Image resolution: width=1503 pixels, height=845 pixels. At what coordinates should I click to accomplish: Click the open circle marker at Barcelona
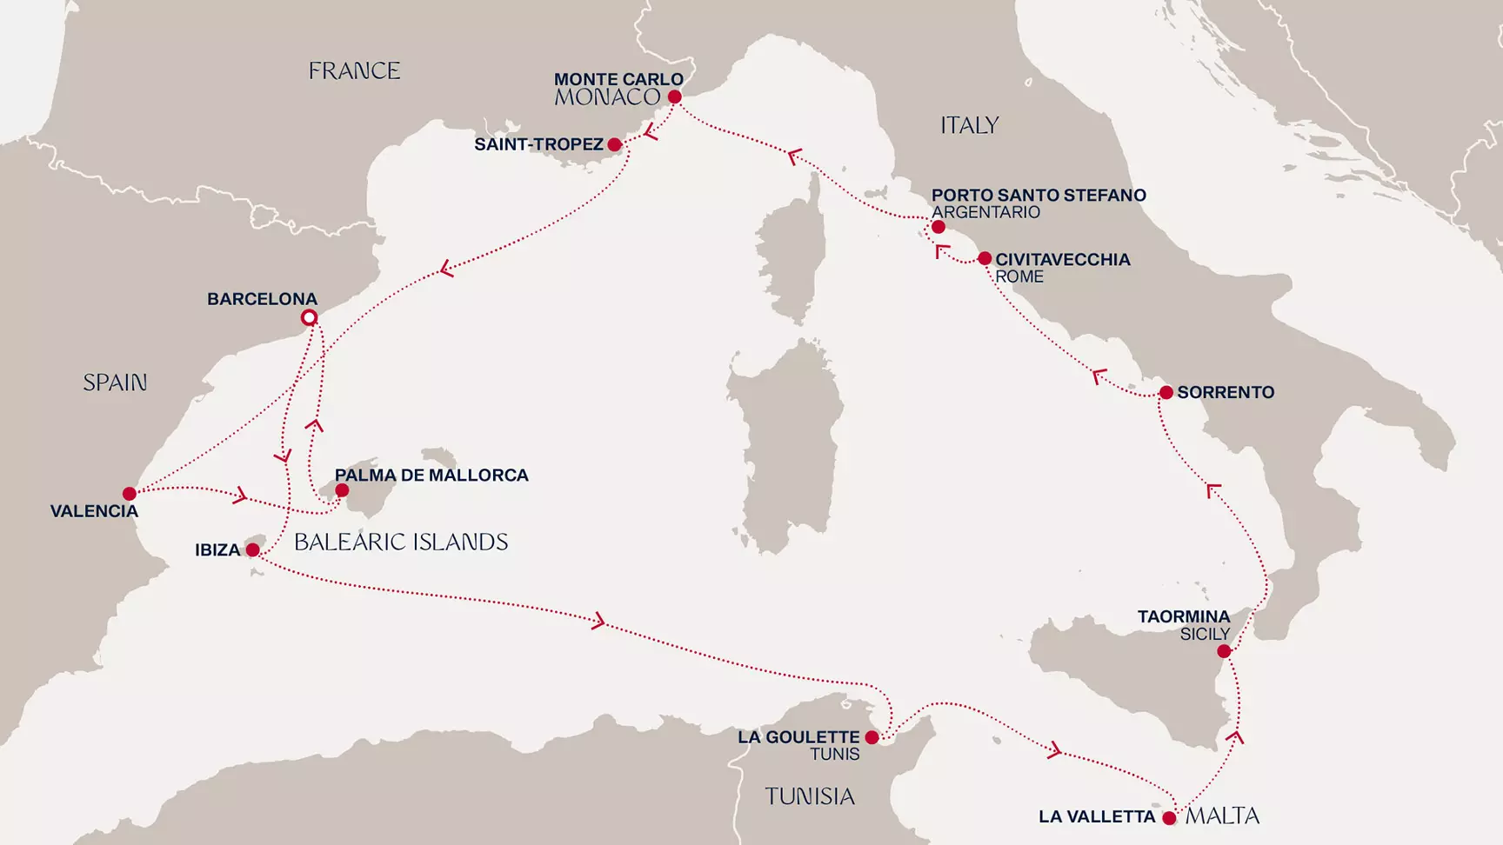[x=309, y=317]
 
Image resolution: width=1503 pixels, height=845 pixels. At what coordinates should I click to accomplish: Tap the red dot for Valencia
[x=130, y=494]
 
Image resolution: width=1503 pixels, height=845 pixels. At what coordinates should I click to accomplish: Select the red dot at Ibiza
[x=252, y=549]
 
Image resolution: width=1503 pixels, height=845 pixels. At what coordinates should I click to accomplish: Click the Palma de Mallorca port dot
[x=342, y=490]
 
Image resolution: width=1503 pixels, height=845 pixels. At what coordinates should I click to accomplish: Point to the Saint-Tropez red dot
[x=615, y=144]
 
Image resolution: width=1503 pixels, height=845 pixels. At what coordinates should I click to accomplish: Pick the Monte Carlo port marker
[x=674, y=97]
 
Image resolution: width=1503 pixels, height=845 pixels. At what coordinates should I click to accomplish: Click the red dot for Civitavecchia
[x=985, y=258]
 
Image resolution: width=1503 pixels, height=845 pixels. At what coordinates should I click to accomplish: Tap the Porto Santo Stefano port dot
[x=939, y=227]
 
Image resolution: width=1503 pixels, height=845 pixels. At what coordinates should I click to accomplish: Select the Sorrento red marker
[x=1166, y=393]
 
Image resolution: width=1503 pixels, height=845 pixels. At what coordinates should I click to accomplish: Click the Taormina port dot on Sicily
[x=1224, y=651]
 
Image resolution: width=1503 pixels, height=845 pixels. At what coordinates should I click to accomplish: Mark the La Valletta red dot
[x=1169, y=818]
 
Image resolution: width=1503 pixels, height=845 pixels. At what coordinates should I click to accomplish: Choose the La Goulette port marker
[x=872, y=737]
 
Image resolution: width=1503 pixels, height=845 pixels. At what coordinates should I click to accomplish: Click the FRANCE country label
[x=354, y=71]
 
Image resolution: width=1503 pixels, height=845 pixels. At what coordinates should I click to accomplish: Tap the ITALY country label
[x=969, y=126]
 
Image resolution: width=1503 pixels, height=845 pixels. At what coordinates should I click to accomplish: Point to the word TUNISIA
[x=810, y=796]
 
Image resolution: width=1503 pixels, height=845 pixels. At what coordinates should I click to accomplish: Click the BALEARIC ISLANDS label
[x=401, y=542]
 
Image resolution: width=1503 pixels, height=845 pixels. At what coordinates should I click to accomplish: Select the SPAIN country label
[x=115, y=383]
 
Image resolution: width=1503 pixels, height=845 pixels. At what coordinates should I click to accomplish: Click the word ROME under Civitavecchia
[x=1019, y=276]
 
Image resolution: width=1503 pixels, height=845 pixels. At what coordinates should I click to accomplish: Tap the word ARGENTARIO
[x=985, y=212]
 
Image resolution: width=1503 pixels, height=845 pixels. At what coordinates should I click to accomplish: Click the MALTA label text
[x=1222, y=816]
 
